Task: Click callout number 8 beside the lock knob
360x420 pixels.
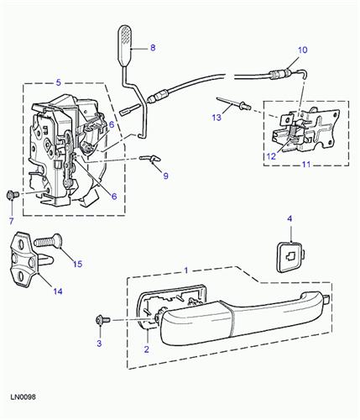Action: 153,49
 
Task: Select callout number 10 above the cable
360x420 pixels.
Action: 303,50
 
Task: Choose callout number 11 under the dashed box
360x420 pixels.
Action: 303,165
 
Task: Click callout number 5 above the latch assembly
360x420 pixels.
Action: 59,82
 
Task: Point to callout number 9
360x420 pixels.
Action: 165,176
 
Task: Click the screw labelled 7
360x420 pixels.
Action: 11,195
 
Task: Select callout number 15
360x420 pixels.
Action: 78,264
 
